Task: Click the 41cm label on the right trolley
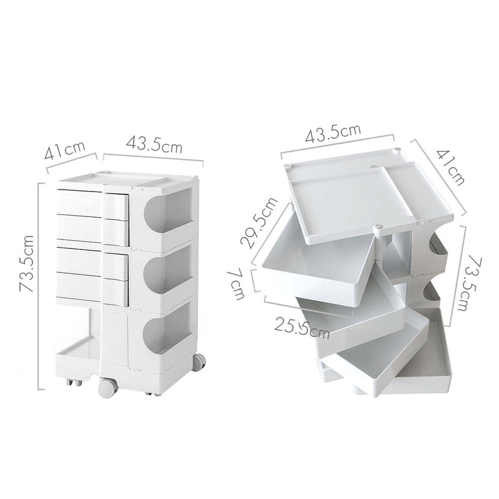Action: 450,167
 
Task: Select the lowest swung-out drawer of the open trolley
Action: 387,371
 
